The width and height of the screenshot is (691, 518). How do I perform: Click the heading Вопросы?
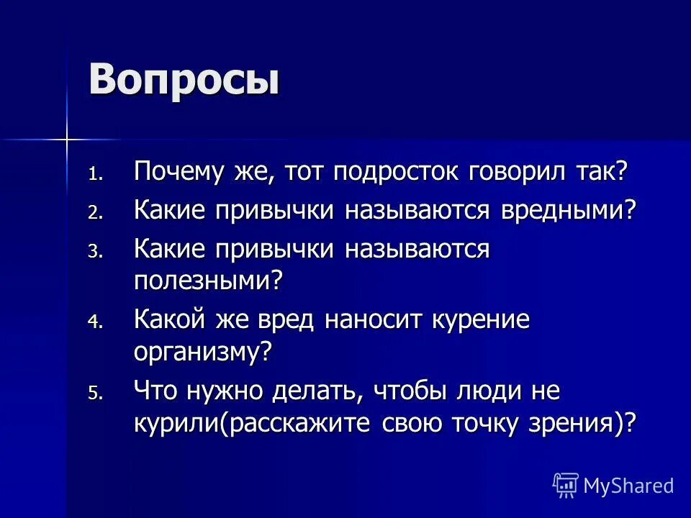pyautogui.click(x=184, y=79)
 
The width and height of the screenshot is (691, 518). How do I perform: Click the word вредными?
pyautogui.click(x=568, y=212)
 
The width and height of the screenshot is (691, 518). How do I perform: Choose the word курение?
pyautogui.click(x=481, y=319)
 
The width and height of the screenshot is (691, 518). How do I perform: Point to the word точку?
pyautogui.click(x=493, y=423)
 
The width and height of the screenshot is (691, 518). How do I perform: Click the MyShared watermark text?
pyautogui.click(x=628, y=486)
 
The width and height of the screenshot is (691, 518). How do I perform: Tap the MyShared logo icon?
pyautogui.click(x=566, y=486)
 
